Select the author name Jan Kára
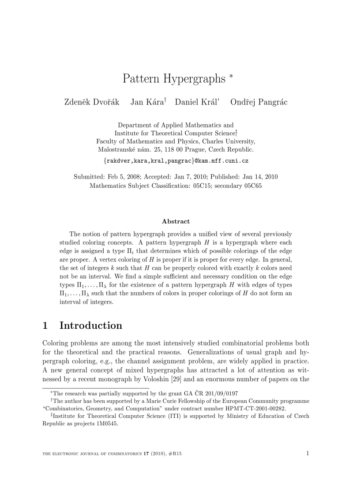tap(147, 102)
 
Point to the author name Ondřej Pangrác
tap(259, 102)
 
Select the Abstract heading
tap(176, 221)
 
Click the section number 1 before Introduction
tap(45, 326)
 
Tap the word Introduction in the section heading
tap(91, 326)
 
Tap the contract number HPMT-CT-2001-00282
tap(249, 408)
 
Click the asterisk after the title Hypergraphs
tap(231, 77)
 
